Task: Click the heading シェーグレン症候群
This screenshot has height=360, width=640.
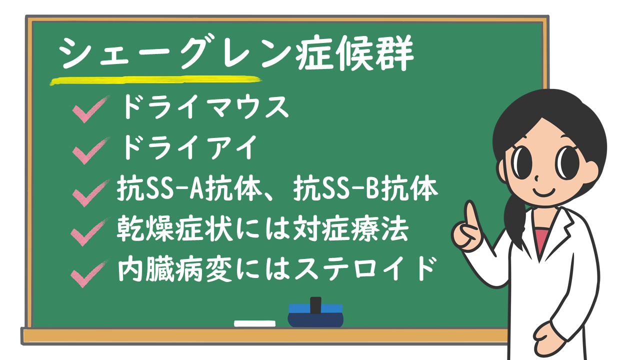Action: pos(236,53)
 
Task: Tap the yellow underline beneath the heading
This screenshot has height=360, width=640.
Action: pos(155,80)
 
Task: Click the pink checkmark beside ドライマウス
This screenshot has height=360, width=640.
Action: pos(91,109)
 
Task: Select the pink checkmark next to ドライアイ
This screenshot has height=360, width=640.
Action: pos(91,151)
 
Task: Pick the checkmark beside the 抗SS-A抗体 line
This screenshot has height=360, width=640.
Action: pos(91,193)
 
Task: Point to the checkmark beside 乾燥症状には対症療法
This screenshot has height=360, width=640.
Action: pos(89,232)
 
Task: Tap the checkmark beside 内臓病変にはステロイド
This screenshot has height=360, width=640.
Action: pos(89,273)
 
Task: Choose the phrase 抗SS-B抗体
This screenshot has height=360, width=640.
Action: pos(365,188)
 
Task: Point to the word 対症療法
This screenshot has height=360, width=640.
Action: pos(351,229)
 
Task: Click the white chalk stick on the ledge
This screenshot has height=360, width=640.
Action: pos(254,323)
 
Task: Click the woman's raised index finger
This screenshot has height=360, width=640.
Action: pos(471,215)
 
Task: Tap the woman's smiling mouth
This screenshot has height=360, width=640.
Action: pos(543,192)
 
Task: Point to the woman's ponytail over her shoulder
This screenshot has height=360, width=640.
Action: pos(515,220)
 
